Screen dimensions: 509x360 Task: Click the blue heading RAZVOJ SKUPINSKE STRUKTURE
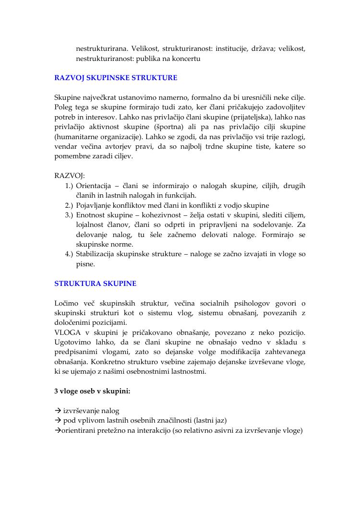(x=116, y=77)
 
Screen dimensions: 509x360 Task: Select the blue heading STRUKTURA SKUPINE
(x=95, y=284)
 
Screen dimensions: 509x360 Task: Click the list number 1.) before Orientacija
(x=69, y=186)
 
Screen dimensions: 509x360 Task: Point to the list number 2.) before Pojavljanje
(x=69, y=205)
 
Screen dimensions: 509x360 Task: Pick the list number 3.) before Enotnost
(x=69, y=214)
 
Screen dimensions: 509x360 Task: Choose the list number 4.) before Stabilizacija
(x=69, y=254)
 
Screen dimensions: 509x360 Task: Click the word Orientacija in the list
(x=94, y=186)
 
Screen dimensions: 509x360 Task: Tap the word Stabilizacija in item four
(x=98, y=254)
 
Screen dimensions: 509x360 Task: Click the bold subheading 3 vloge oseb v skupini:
(x=92, y=391)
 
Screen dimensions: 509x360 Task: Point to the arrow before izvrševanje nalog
(x=58, y=411)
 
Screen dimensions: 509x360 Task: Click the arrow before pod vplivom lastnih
(x=58, y=421)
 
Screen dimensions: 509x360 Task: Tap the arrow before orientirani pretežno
(x=57, y=430)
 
